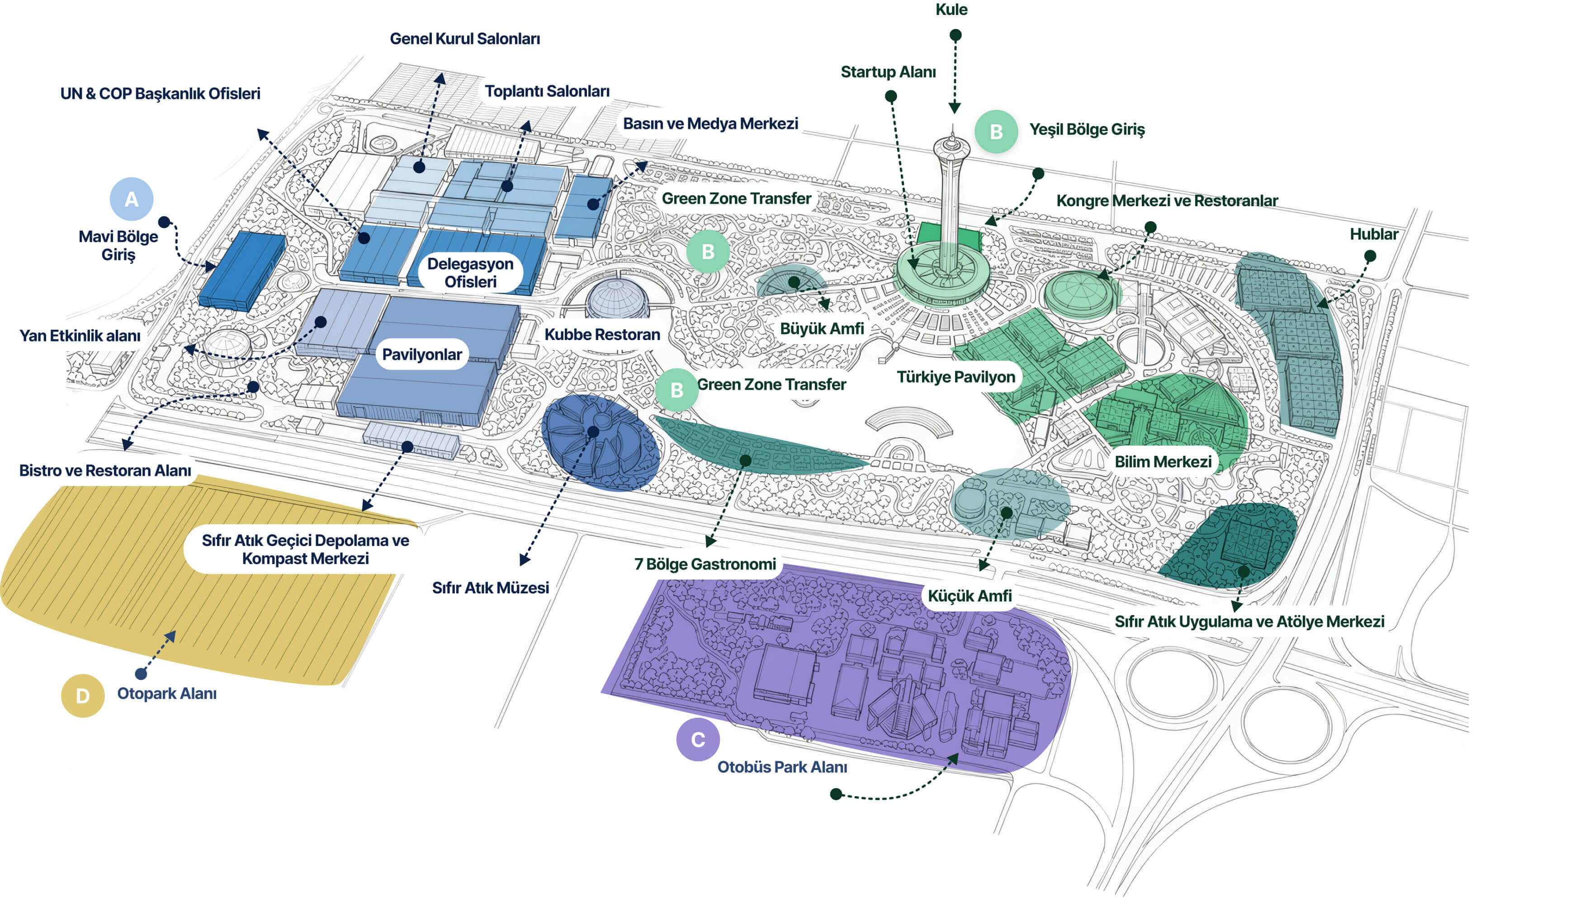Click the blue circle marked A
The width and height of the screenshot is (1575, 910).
131,199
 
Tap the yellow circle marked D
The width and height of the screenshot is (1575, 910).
82,696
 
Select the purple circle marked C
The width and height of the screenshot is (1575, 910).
698,739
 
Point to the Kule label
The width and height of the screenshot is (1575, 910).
951,9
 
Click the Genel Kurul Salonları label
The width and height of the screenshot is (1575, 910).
465,39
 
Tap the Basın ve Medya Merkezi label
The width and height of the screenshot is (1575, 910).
710,124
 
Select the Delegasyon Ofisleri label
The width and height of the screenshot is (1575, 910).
470,272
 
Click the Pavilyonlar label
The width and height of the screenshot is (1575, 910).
422,355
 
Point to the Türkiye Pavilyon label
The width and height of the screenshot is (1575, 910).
956,377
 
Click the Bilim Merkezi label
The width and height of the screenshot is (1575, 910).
1163,462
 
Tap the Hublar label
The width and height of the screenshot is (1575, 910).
1374,234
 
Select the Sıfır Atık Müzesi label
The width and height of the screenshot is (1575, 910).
491,588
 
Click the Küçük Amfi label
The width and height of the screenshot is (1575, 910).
970,596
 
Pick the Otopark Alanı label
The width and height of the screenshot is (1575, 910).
167,694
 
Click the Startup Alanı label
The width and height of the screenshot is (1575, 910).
888,72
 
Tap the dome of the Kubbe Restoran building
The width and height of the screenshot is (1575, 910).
617,298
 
